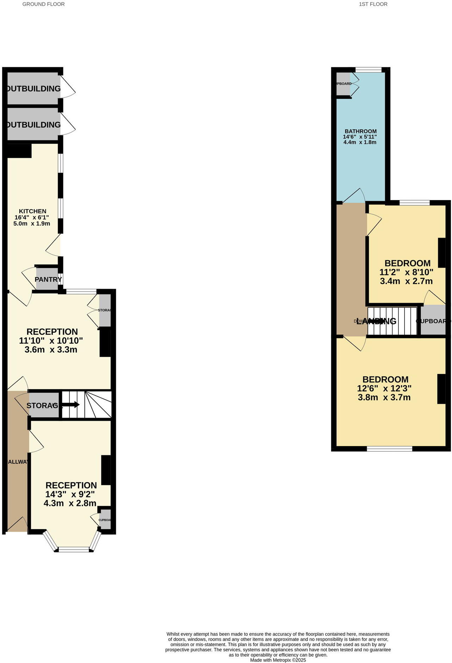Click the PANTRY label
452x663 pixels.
coord(48,279)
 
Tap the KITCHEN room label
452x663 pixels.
coord(32,211)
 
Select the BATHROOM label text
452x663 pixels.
coord(360,131)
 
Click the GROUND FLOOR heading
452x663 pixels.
coord(43,4)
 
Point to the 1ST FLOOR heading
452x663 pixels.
coord(373,4)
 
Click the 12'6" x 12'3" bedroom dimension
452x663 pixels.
coord(384,388)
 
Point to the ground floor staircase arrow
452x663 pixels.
coord(70,405)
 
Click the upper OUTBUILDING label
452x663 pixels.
coord(33,88)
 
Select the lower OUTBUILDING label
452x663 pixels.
coord(33,125)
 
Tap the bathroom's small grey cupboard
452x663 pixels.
coord(343,84)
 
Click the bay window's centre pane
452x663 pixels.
coord(74,549)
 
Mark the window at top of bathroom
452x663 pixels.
coord(368,70)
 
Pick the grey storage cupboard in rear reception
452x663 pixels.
coord(105,310)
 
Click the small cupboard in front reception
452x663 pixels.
coord(105,519)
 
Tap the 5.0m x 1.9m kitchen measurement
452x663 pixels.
coord(32,224)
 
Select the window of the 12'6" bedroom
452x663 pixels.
coord(389,449)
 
